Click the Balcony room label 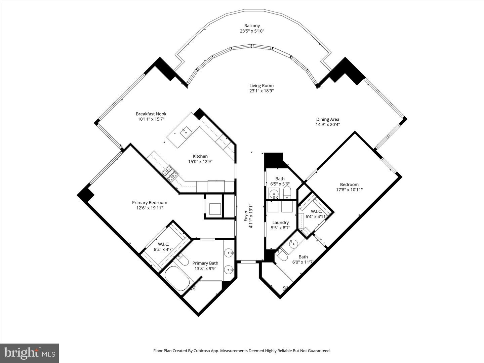pos(252,26)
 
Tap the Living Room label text pos(261,86)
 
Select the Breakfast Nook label pos(151,114)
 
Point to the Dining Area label pos(327,119)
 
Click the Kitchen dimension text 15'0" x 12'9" pos(200,162)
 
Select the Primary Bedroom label pos(149,203)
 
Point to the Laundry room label pos(280,223)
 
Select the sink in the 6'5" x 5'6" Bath pos(274,194)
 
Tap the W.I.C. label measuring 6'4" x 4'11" pos(316,211)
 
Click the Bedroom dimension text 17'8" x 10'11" pos(349,190)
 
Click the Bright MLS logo pos(30,353)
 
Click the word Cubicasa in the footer pos(207,351)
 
